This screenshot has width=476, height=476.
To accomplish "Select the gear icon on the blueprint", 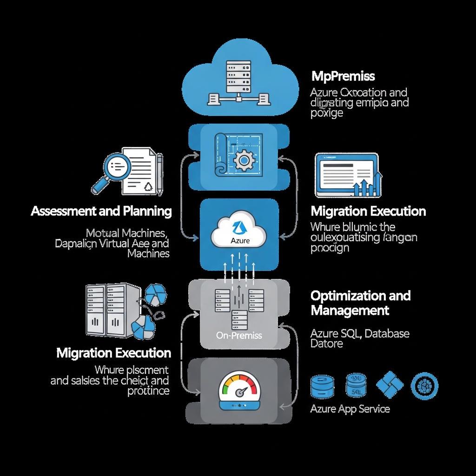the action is [242, 161].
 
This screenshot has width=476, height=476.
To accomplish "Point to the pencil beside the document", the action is [159, 174].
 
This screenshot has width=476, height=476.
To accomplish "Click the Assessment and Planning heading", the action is [101, 211].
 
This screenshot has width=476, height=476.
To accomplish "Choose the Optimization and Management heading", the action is [360, 303].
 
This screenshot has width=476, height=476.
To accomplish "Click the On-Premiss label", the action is [239, 335].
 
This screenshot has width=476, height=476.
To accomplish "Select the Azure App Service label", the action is [350, 409].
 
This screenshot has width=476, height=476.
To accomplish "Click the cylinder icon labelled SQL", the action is [356, 385].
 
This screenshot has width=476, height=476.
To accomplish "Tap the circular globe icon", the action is [424, 385].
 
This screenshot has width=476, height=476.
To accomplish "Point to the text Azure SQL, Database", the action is [360, 333].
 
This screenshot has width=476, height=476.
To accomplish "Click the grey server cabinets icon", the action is [112, 309].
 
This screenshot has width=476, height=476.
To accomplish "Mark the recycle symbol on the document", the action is [148, 186].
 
